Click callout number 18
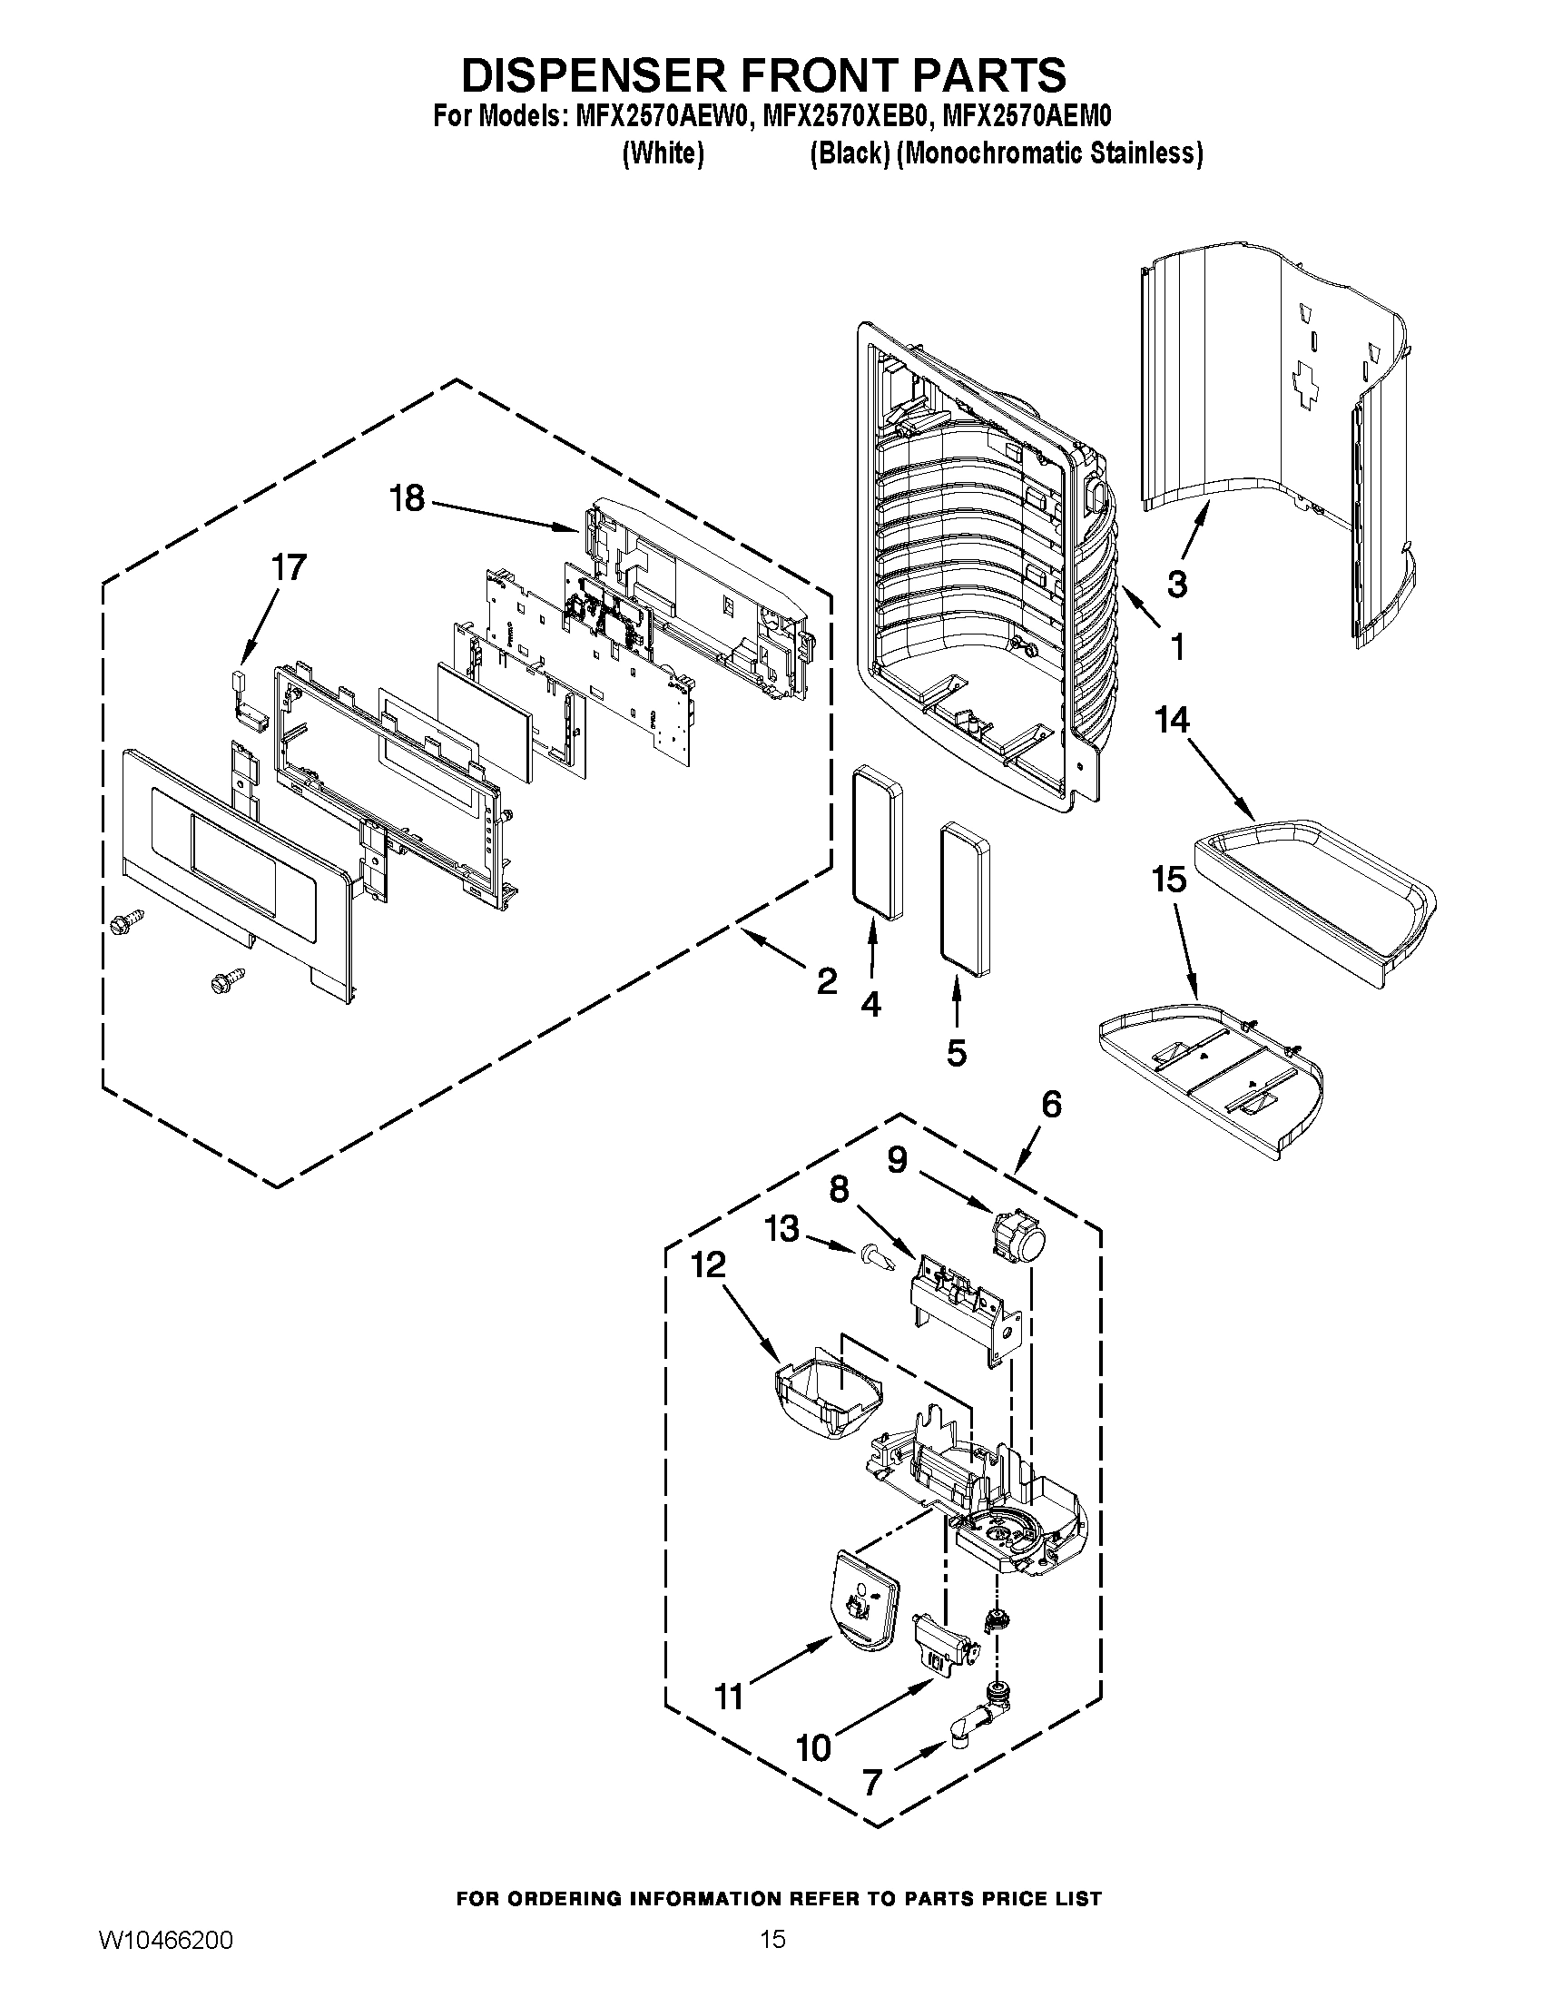407,499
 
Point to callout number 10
812,1747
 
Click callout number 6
1051,1105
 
